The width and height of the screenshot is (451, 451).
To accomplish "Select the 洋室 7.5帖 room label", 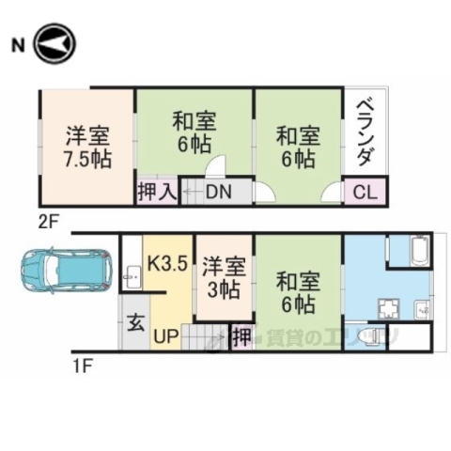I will pyautogui.click(x=87, y=147).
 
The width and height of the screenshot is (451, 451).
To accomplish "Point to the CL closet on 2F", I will pyautogui.click(x=365, y=193).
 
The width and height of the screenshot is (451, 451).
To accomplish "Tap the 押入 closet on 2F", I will pyautogui.click(x=157, y=193).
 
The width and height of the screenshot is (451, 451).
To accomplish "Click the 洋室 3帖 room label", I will pyautogui.click(x=225, y=276).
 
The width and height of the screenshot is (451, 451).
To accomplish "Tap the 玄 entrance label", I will pyautogui.click(x=135, y=323).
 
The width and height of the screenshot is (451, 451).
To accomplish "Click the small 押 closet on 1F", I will pyautogui.click(x=241, y=335).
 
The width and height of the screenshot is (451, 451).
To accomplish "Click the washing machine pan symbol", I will pyautogui.click(x=388, y=309).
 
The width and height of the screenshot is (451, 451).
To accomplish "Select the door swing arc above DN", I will pyautogui.click(x=215, y=167).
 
